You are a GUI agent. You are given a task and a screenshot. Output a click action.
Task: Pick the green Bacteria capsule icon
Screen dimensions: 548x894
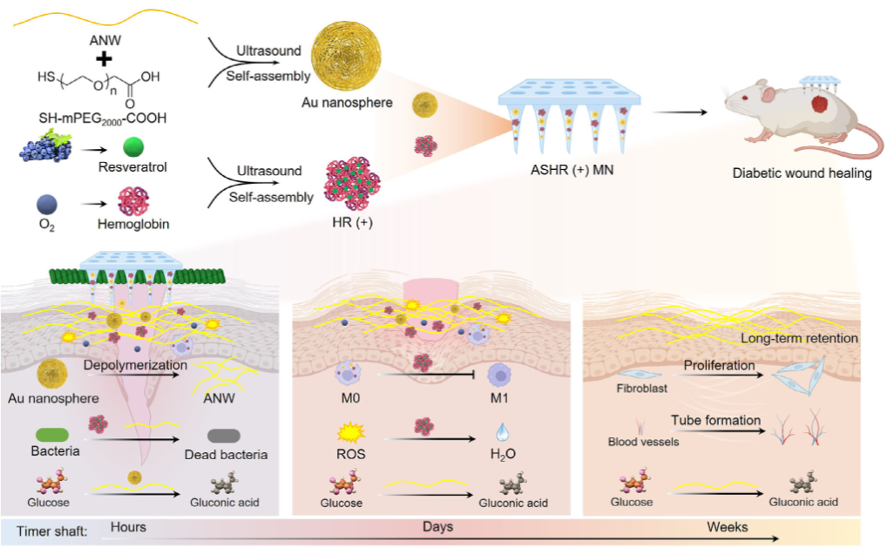point(55,434)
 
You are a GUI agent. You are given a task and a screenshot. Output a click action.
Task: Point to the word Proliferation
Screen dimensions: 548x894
point(720,365)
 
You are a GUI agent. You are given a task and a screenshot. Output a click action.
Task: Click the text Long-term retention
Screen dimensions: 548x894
point(798,338)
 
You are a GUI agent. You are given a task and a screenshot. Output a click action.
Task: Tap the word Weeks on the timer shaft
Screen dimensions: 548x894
point(728,527)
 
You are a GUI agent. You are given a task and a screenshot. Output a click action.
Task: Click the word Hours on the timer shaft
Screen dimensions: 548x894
point(128,527)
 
